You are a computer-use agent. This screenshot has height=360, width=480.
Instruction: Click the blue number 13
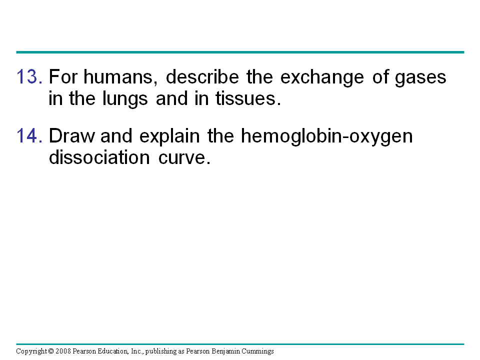29,76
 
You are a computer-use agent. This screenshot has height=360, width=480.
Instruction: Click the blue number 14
29,135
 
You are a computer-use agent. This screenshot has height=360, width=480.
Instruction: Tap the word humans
120,77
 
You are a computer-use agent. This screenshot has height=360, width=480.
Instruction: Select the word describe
202,76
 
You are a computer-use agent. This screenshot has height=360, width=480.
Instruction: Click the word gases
420,78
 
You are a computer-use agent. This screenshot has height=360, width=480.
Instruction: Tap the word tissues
248,98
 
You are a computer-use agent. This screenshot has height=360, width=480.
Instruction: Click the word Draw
72,135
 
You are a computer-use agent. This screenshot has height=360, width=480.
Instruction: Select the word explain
169,137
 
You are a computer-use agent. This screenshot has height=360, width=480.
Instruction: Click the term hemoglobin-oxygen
326,137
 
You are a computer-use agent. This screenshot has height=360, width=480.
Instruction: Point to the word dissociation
99,157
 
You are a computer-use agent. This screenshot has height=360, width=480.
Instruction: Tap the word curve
184,158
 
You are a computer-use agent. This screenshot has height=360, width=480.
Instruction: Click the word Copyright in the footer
31,351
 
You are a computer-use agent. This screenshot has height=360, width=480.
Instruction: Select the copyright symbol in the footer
51,351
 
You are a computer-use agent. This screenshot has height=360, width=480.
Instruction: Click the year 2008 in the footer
63,351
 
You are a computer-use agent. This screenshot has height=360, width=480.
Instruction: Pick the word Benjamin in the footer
226,351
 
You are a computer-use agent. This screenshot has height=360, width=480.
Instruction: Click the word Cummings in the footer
258,351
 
